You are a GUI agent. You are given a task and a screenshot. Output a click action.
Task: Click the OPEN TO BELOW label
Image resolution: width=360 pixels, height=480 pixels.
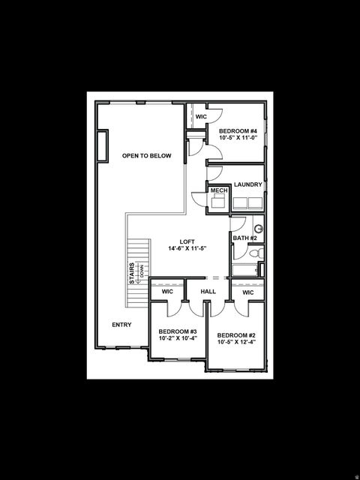147,156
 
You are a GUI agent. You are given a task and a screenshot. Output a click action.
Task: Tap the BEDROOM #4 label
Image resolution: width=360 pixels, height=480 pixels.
238,130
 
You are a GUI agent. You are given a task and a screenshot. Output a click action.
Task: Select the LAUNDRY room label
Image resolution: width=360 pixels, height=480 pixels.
247,184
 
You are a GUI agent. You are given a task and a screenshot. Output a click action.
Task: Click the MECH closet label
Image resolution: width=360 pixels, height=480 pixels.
218,191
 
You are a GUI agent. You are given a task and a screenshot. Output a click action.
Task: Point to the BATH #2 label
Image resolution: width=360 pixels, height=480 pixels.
245,238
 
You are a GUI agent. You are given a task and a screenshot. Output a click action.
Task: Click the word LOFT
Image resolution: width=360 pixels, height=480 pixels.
187,241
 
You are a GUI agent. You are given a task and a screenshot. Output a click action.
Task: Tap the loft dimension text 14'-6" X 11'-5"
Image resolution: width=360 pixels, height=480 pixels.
187,249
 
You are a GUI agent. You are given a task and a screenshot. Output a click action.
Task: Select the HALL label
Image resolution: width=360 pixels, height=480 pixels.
208,292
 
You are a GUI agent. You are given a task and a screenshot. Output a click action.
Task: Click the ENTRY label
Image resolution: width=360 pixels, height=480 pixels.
121,325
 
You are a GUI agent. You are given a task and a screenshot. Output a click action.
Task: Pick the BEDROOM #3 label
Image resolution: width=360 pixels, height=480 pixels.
178,331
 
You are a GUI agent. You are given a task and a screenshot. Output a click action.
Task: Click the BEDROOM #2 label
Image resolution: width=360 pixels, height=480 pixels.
237,335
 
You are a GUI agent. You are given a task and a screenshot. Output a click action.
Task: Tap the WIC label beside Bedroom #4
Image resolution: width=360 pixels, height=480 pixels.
201,117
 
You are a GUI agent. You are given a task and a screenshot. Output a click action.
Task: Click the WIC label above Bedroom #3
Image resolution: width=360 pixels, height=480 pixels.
167,292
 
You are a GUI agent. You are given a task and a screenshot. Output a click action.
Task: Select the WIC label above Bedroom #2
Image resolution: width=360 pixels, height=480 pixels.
247,292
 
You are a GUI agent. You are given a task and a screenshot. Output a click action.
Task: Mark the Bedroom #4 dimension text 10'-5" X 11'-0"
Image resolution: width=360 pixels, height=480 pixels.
238,138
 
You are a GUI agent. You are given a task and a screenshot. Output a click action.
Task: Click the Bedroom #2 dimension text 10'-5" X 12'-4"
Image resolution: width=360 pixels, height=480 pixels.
237,343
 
